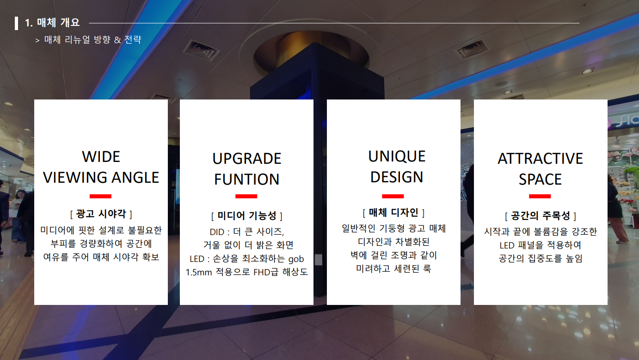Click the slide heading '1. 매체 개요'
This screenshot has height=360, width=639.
point(52,23)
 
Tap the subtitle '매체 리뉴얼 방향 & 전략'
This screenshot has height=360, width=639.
point(93,39)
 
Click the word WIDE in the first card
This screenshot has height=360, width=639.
point(101,157)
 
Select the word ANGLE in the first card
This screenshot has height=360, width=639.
point(135,178)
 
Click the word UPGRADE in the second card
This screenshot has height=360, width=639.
point(247,159)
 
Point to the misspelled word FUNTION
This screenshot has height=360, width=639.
point(247,179)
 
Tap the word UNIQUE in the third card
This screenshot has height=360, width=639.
point(397,156)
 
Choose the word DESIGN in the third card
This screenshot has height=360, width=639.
point(397,177)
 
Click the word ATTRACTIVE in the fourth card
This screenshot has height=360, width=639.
point(541,159)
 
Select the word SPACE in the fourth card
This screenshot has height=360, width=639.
point(541,179)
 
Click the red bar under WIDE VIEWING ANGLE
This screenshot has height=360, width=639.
point(100,196)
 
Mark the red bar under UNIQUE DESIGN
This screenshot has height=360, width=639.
point(393,196)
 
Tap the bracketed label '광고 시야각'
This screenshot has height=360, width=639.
point(101,214)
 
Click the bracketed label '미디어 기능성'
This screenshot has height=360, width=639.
point(247,216)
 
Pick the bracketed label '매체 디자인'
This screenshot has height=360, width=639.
point(393,212)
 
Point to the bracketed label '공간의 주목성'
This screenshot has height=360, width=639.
point(541,216)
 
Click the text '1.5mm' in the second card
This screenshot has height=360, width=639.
point(199,273)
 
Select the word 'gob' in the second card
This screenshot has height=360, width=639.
point(296,259)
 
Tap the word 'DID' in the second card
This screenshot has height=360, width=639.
point(217,232)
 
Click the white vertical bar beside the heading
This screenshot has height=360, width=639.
point(16,23)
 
